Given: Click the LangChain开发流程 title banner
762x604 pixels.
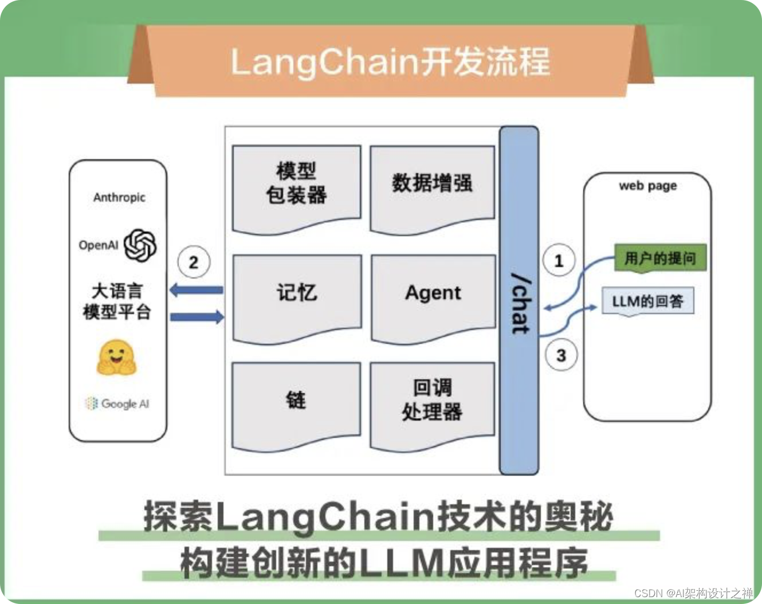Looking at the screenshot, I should (x=390, y=61).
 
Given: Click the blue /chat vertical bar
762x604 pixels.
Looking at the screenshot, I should (x=519, y=301).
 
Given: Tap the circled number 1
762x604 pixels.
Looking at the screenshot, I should (x=559, y=261).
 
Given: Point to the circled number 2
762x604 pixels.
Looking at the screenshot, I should (x=194, y=262).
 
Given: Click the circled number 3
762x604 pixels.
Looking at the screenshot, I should (x=561, y=355).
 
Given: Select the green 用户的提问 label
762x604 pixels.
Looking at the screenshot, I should (x=660, y=258).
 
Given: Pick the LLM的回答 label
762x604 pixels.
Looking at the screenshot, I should (x=647, y=301).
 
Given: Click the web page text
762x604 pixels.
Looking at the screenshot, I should (x=647, y=186).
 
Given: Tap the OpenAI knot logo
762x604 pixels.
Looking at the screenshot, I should (x=140, y=245).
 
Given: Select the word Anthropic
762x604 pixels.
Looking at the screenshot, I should (x=119, y=197).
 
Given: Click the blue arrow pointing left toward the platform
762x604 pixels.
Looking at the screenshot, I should (x=197, y=290).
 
